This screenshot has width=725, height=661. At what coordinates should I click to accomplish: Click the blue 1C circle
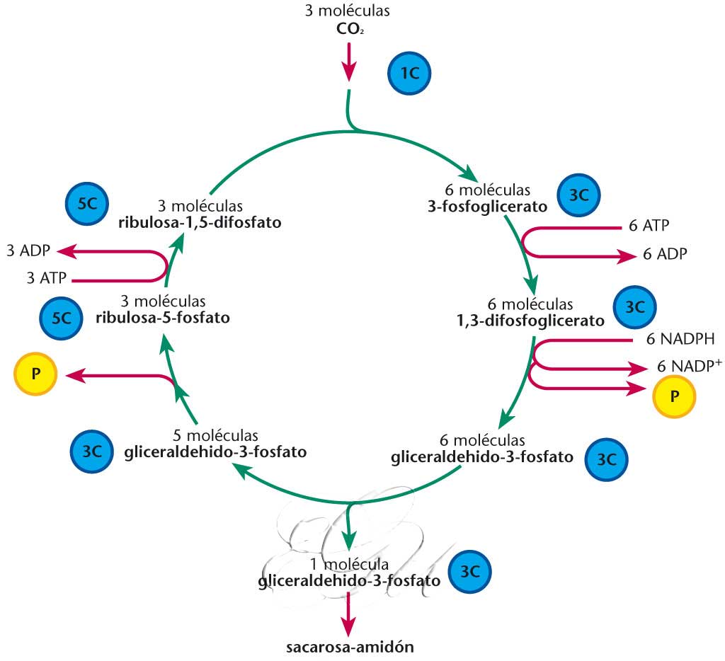click(409, 73)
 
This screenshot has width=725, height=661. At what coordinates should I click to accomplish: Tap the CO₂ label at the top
click(350, 30)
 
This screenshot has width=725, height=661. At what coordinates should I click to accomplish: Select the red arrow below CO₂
click(348, 62)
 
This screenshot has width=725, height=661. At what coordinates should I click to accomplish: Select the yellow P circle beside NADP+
click(674, 394)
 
